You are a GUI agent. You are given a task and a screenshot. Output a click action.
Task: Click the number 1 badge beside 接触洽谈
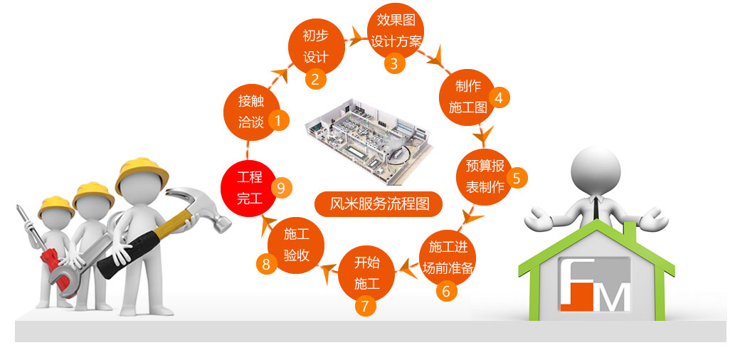coord(279,120)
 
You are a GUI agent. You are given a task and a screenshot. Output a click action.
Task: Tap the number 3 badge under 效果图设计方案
coord(395,63)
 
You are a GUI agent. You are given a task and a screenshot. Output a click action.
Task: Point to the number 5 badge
coord(517,177)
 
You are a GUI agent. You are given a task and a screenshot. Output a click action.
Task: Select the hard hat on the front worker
coord(142,171)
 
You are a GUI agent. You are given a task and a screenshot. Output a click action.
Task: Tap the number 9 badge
coord(281,188)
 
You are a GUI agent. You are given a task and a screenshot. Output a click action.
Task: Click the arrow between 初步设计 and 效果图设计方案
coord(354,38)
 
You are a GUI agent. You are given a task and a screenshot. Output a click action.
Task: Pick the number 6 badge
coord(446,290)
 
